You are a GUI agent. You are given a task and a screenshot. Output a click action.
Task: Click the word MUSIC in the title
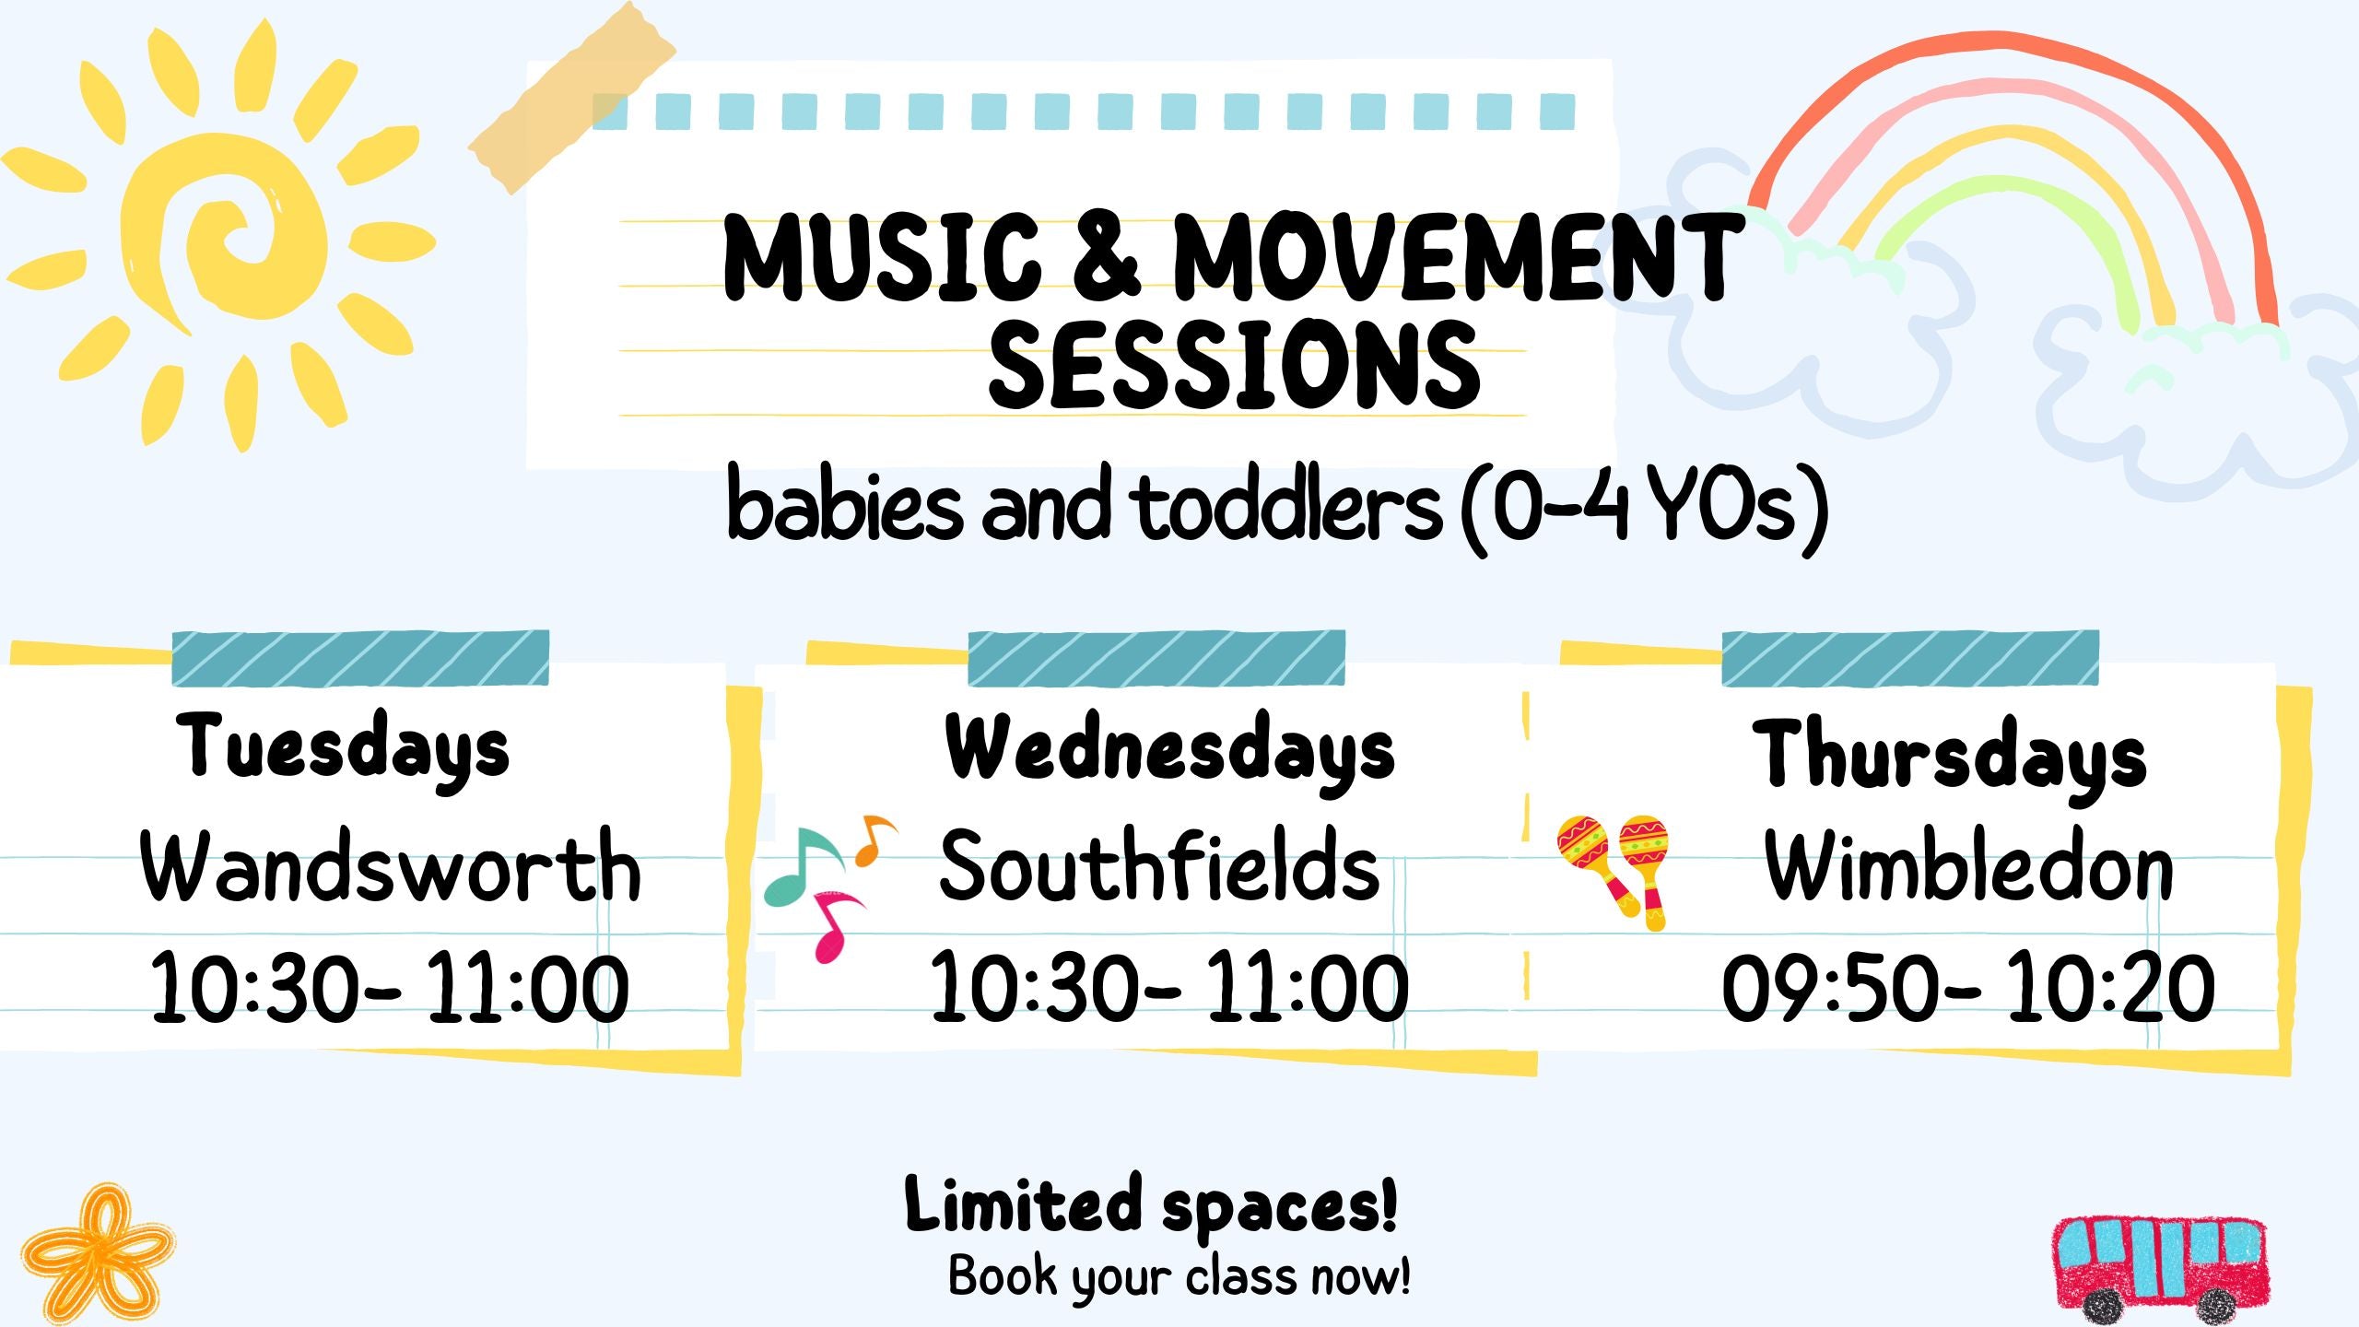tap(882, 257)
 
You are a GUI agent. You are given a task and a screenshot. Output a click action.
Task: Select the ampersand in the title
tap(1107, 257)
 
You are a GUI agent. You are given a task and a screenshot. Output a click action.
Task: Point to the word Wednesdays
tap(1170, 751)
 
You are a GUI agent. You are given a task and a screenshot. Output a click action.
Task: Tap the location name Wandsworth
tap(391, 865)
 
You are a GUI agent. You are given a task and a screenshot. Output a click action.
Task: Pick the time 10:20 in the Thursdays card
tap(2111, 988)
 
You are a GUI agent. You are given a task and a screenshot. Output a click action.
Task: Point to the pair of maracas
tap(1613, 872)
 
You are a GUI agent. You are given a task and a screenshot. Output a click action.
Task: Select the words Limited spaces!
tap(1152, 1204)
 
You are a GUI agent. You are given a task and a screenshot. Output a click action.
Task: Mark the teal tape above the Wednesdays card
tap(1156, 658)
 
